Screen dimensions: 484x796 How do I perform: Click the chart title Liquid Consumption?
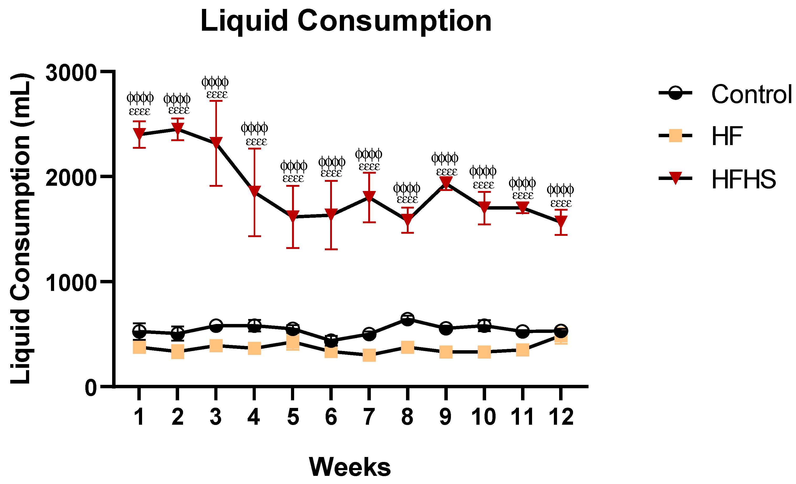(x=346, y=21)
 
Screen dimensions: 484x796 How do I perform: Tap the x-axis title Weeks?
(x=350, y=467)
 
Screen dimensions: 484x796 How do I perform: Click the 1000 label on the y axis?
(x=71, y=283)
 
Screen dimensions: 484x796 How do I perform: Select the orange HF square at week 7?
(x=369, y=355)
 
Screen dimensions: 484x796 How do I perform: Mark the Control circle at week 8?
(x=407, y=319)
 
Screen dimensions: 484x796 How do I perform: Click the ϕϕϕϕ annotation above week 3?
(x=215, y=82)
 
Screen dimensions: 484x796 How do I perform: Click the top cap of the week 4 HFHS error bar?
(x=254, y=149)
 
